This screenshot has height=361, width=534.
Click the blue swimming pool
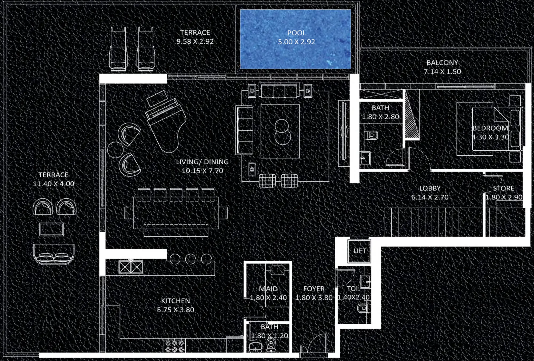coord(296,39)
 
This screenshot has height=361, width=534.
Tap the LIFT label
coord(360,251)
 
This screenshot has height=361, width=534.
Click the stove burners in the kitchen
coord(175,346)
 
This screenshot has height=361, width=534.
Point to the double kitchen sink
coord(131,267)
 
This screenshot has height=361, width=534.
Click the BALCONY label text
coord(442,63)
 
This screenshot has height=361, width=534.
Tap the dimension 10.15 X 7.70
coord(202,171)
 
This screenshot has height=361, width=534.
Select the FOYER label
coord(314,289)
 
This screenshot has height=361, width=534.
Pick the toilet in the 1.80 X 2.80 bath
coord(371,135)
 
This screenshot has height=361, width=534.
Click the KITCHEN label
coord(176,301)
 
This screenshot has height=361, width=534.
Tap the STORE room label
coord(504,188)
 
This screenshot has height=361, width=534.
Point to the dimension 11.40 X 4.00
coord(54,184)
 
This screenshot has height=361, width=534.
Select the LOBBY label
coord(430,188)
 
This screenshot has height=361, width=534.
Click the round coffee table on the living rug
coord(282,132)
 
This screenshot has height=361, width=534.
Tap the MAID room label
coord(268,289)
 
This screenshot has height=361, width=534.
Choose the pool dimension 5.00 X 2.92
coord(296,42)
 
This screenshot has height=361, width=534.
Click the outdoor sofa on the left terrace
coord(54,254)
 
